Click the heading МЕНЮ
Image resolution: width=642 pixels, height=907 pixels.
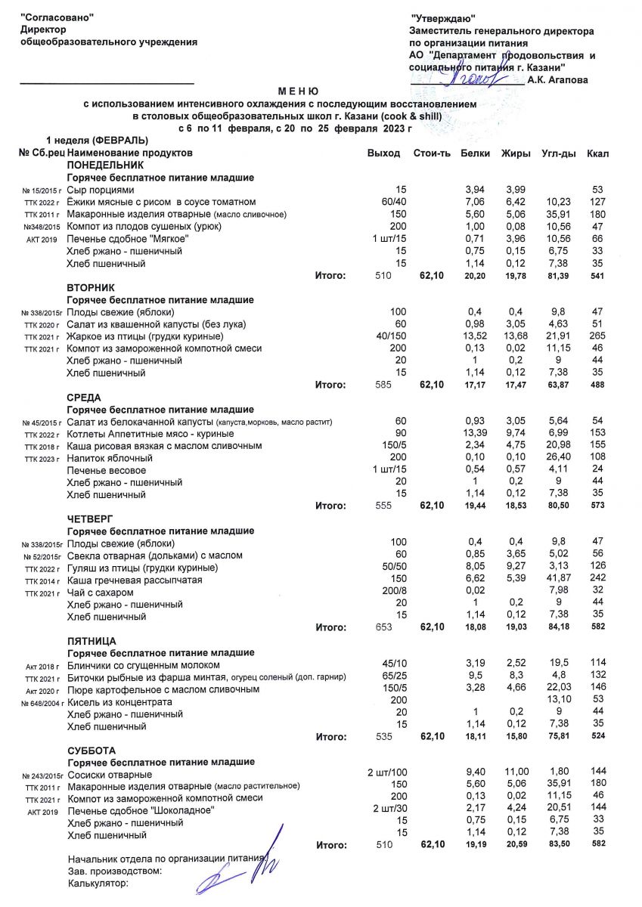[x=299, y=91]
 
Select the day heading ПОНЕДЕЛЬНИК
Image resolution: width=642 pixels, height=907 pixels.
[x=105, y=165]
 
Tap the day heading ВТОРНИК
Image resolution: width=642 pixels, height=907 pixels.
[x=90, y=288]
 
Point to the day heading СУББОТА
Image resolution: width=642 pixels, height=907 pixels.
[x=92, y=751]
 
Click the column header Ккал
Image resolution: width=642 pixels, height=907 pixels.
[x=597, y=153]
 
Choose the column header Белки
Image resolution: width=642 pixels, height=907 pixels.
[x=476, y=153]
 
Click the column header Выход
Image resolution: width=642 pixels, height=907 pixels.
[x=383, y=153]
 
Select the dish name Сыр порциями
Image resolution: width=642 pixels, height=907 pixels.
[x=101, y=190]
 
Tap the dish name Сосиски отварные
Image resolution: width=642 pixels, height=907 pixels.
[x=110, y=775]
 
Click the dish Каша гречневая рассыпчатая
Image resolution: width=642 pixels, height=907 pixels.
[x=130, y=580]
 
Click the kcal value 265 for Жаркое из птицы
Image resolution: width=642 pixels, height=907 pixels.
[x=597, y=336]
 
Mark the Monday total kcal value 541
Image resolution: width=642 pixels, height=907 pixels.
[x=597, y=277]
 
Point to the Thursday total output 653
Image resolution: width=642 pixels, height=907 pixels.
[x=386, y=627]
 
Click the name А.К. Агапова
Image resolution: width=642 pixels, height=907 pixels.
[x=558, y=79]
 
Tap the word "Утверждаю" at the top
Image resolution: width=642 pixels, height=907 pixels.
[x=442, y=18]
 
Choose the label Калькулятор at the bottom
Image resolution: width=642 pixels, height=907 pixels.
[x=98, y=883]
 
